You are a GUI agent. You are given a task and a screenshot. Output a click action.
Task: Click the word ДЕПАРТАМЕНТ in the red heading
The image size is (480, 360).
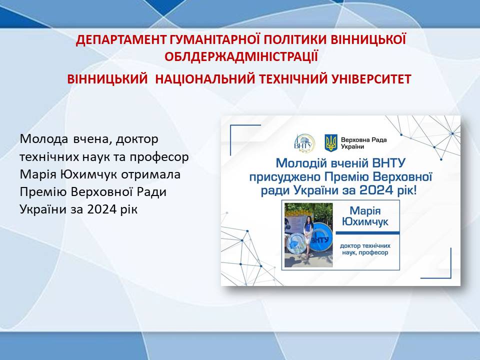(120, 40)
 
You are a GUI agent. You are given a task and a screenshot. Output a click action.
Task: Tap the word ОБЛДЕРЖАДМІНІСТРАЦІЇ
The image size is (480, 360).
(241, 56)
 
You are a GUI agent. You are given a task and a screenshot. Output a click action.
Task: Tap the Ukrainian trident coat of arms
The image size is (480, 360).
(330, 143)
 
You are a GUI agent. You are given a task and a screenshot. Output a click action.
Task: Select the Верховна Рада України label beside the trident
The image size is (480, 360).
(363, 143)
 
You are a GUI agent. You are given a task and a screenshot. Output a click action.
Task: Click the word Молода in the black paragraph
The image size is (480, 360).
(44, 139)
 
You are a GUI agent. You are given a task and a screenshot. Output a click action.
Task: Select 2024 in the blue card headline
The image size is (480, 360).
(376, 190)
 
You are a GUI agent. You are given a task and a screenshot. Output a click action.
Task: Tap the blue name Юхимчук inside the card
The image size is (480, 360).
(365, 221)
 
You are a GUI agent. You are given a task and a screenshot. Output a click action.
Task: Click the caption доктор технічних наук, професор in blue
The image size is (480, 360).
(365, 249)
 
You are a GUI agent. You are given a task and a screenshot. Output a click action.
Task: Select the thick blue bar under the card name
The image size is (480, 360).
(367, 233)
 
